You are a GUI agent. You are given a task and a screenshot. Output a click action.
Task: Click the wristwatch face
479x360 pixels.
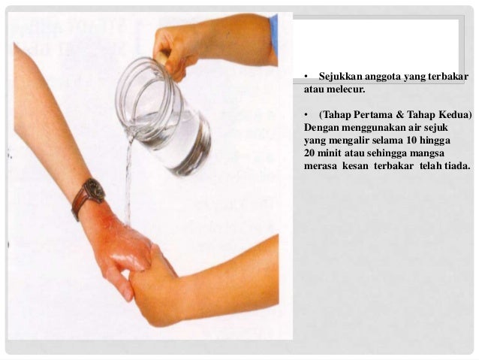tap(95, 190)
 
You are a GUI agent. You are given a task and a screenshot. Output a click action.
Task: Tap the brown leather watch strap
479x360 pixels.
tap(79, 204)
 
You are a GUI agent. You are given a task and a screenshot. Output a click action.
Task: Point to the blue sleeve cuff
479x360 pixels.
tap(274, 35)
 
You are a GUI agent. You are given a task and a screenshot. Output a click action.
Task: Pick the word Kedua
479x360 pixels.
tap(455, 115)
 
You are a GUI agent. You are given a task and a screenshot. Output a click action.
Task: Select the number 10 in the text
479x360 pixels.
tap(411, 141)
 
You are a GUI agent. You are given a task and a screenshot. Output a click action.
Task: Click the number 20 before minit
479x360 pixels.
tap(309, 153)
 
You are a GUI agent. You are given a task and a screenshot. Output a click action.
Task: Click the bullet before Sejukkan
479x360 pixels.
tap(306, 77)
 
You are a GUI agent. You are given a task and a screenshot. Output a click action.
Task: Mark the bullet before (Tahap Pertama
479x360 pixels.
tap(306, 115)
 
